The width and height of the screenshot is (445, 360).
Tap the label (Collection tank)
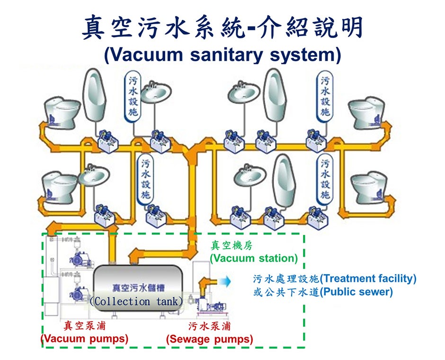[x=135, y=301]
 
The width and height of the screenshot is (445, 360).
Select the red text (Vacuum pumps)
[x=85, y=339]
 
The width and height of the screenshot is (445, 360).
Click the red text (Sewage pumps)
[x=209, y=339]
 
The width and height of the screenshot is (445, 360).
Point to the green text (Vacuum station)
[x=254, y=258]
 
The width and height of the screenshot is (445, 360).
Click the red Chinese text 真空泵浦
[x=85, y=326]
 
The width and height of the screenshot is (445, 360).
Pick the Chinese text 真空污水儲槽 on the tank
[x=135, y=288]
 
